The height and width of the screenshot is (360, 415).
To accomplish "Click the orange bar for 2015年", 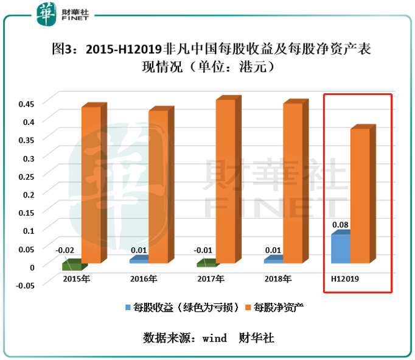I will click(x=91, y=185).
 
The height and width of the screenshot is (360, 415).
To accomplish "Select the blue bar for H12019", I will click(x=340, y=249).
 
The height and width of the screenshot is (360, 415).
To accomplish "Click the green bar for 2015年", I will click(x=72, y=265).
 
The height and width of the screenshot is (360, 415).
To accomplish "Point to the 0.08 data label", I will click(x=340, y=224).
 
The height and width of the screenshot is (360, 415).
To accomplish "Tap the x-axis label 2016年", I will click(x=144, y=279).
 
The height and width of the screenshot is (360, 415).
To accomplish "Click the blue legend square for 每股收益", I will click(x=128, y=306).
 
